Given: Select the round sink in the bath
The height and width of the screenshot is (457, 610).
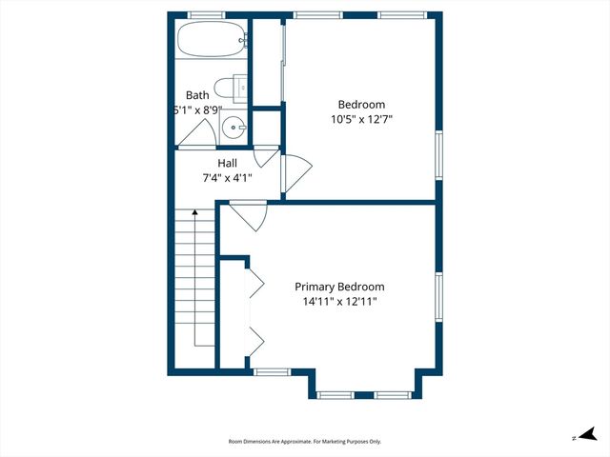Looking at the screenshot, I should tap(238, 127).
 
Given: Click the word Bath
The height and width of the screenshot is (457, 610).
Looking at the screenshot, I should tap(197, 95).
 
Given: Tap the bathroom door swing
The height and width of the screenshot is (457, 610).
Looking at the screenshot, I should tap(194, 136).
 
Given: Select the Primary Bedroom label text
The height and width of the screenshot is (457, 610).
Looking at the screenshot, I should tap(339, 287).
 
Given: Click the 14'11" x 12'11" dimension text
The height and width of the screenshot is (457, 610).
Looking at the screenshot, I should tap(339, 302).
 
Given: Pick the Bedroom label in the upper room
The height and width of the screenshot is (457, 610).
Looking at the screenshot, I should tap(361, 105).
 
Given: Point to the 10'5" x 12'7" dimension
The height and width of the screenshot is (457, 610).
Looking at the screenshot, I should tap(361, 120).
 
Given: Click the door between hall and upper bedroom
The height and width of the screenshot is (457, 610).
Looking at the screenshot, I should tap(295, 171).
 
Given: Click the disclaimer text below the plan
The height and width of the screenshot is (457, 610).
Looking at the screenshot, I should tap(305, 442).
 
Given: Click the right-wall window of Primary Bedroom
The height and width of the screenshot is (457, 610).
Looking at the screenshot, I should tap(439, 300).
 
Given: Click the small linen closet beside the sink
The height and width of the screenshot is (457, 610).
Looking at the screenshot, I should tap(267, 127).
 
